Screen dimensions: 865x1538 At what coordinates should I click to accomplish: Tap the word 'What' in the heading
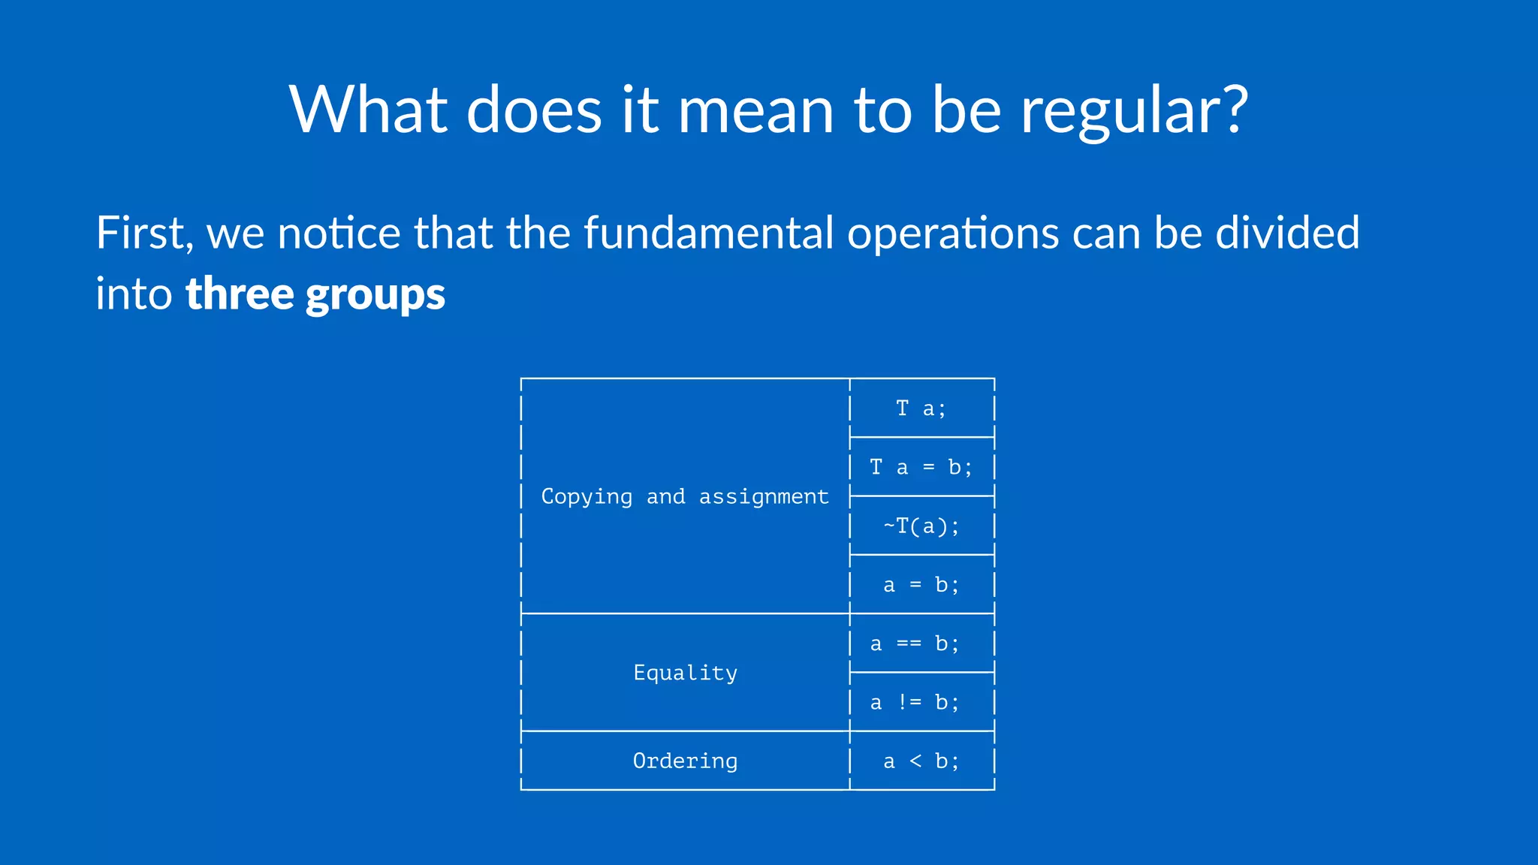tap(367, 110)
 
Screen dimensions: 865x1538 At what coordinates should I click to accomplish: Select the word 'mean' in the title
tap(755, 111)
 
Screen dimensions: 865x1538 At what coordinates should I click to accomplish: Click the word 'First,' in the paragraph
tap(144, 233)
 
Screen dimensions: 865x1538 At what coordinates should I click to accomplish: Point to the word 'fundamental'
tap(708, 233)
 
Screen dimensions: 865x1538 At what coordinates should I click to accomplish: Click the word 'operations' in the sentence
tap(953, 234)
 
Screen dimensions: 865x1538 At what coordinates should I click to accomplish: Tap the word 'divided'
tap(1287, 233)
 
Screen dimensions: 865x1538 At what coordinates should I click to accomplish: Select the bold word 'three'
tap(239, 294)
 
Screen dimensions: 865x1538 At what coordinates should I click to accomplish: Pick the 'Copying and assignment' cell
tap(684, 497)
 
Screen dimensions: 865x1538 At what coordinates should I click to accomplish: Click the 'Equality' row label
tap(685, 673)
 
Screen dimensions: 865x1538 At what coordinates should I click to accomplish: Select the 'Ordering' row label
tap(685, 761)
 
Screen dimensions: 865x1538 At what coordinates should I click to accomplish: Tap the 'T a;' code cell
tap(921, 408)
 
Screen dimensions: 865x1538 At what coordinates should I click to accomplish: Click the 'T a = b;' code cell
tap(921, 467)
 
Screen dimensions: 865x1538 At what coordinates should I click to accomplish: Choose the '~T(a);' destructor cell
tap(921, 526)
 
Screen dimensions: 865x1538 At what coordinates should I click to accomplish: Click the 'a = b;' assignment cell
tap(921, 585)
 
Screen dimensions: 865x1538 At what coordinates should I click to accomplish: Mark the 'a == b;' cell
tap(914, 643)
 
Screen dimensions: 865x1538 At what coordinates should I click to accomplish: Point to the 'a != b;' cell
tap(914, 703)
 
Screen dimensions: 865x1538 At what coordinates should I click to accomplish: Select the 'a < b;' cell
tap(921, 761)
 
